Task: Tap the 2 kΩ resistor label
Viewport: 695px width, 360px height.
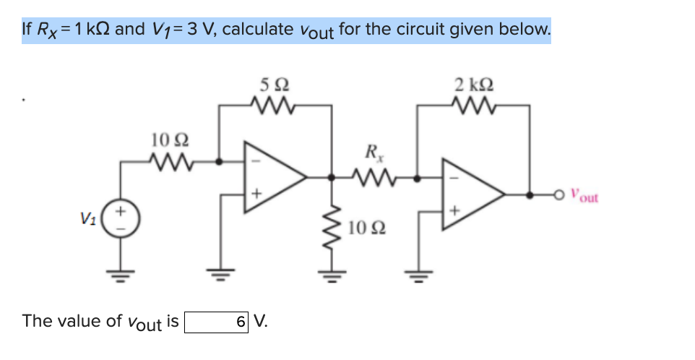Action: coord(474,85)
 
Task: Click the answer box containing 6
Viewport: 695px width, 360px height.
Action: coord(217,321)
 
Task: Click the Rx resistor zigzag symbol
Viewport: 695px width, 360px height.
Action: coord(374,175)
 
